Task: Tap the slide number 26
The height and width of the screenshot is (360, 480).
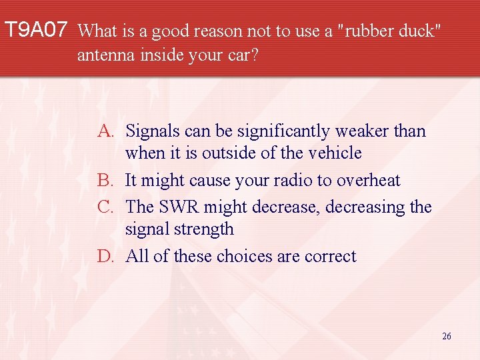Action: point(446,336)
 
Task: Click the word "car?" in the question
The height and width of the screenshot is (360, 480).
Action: point(241,55)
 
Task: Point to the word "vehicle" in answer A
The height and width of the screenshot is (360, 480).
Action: point(335,153)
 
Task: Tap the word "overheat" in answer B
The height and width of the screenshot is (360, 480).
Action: point(369,181)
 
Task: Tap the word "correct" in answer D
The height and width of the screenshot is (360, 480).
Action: point(331,257)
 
